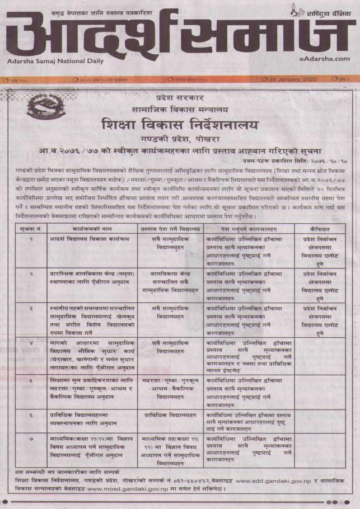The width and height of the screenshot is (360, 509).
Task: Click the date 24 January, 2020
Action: point(293,79)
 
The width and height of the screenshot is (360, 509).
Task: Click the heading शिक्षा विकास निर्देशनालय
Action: point(180,123)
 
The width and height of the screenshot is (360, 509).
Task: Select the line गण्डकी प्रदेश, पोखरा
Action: point(180,138)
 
